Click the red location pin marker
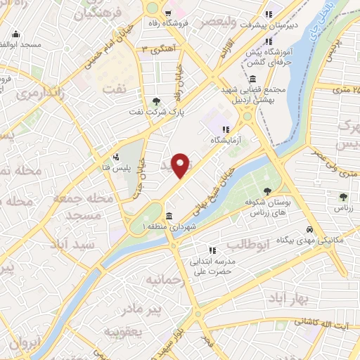(181, 165)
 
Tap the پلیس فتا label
(115, 169)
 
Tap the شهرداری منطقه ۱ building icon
(169, 216)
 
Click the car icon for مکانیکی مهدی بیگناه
(309, 229)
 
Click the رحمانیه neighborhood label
(165, 280)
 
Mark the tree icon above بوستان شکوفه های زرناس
(268, 191)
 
